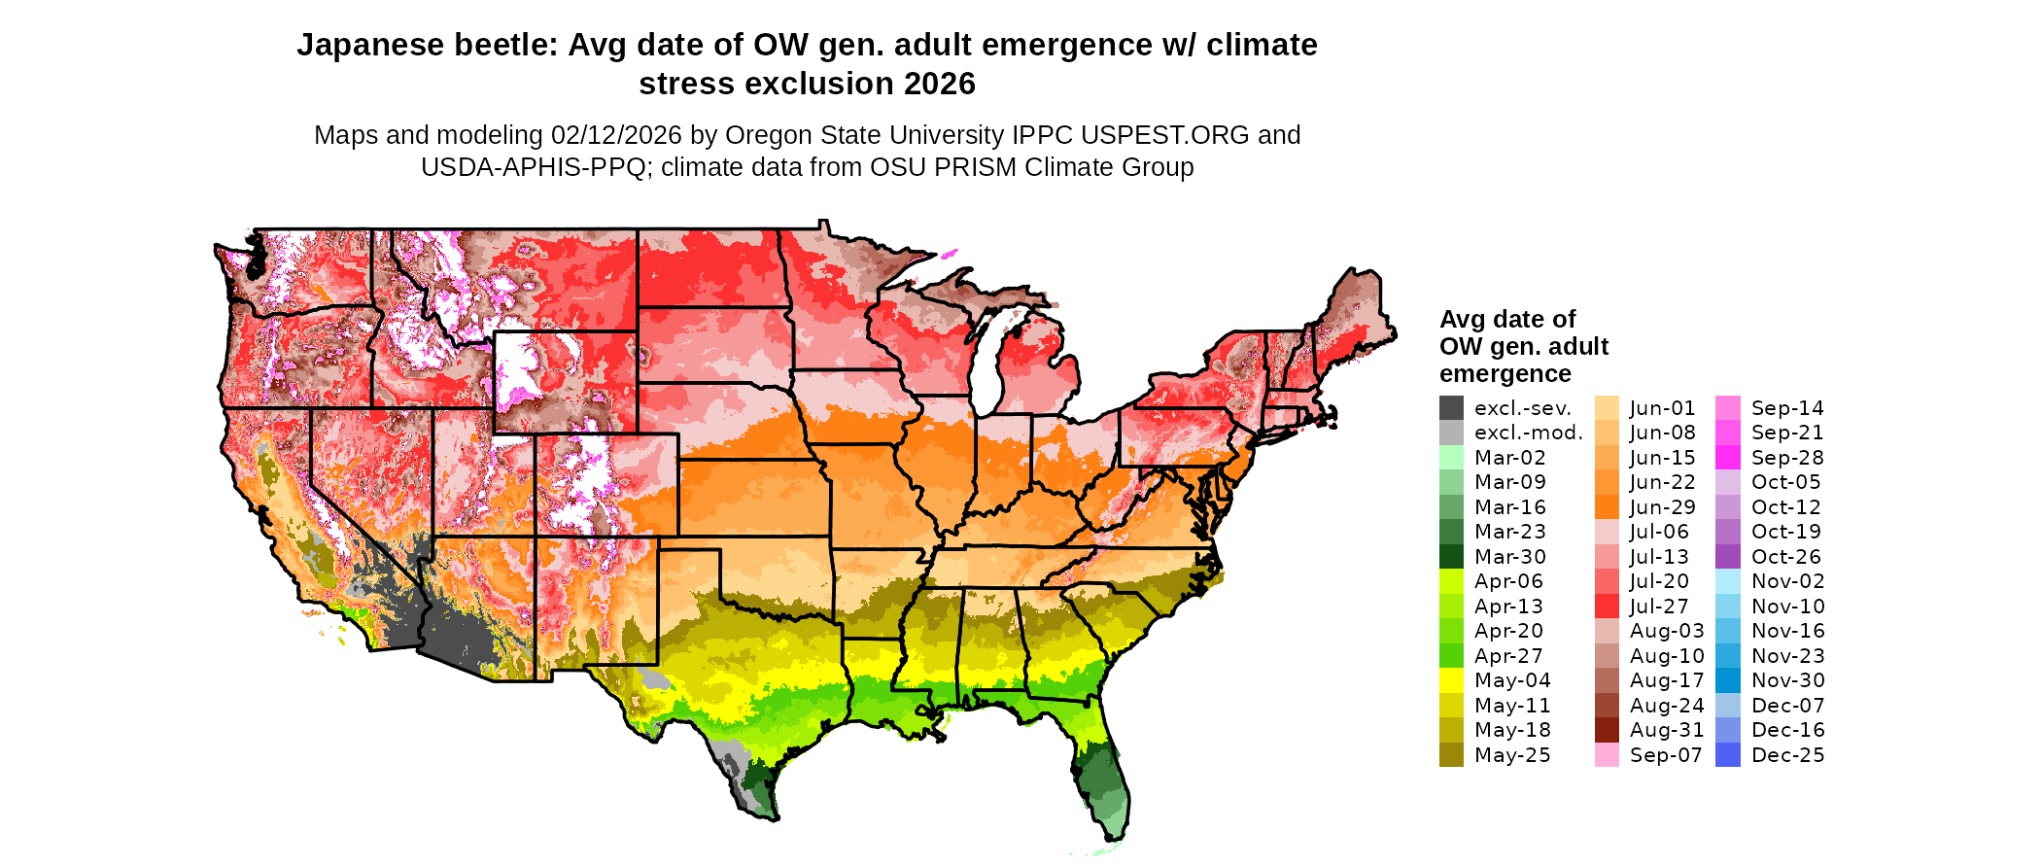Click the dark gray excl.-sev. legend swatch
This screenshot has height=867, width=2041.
(1451, 408)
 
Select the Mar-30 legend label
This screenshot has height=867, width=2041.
(1509, 557)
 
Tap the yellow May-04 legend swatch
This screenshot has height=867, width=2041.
(1451, 680)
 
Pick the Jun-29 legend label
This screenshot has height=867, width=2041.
(1662, 507)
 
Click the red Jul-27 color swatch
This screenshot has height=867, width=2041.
(1607, 607)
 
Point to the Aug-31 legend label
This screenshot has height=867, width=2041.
(1667, 730)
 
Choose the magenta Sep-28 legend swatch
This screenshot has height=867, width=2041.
(1728, 458)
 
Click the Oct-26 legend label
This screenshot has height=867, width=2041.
(1786, 557)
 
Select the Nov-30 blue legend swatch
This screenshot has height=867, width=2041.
(1728, 680)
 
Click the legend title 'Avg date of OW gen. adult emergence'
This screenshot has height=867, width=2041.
(1523, 347)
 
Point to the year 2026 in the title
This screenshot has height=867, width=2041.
(939, 85)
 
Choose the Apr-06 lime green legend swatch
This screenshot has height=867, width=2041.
(1451, 581)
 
